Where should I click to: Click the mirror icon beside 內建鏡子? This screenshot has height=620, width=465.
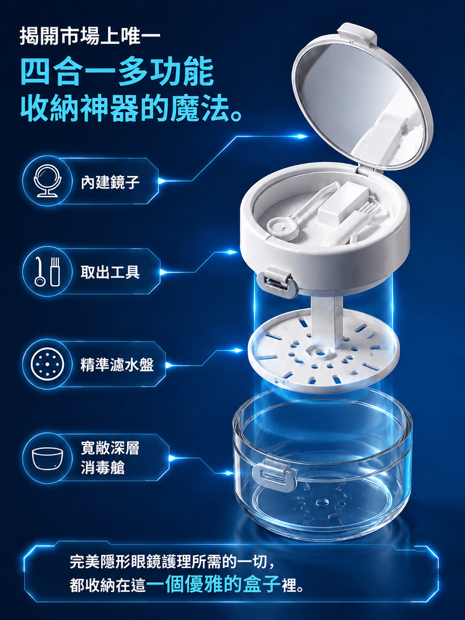pos(48,180)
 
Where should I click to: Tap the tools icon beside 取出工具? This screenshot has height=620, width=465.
pos(48,272)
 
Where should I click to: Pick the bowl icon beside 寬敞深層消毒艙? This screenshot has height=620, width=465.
pos(48,458)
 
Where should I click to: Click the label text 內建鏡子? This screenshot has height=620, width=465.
pos(110,182)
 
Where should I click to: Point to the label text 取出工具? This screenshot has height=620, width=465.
pos(110,272)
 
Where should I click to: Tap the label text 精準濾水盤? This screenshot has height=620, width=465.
pos(117,364)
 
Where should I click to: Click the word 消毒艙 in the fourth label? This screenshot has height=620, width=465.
pos(102,467)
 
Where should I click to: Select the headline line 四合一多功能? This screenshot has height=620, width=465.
pos(117,71)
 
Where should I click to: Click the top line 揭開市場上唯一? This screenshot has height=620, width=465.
pos(90,37)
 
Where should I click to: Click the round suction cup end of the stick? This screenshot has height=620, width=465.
pos(282,228)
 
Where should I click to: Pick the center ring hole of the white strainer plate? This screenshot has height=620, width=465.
pos(319,350)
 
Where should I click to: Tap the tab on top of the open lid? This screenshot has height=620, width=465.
pos(358,32)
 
